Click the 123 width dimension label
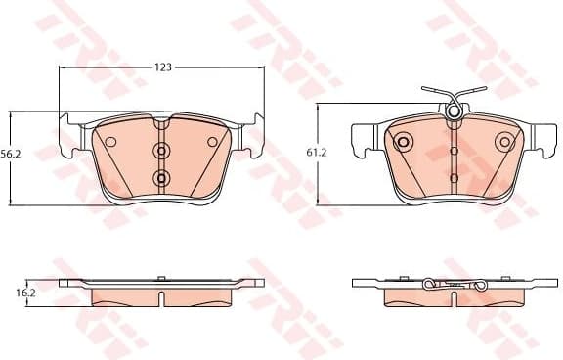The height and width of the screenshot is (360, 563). coord(162,67)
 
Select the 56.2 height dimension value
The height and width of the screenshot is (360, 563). coord(12,155)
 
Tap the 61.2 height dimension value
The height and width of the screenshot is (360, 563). coord(315,153)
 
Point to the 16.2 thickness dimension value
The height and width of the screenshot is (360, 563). coord(26,292)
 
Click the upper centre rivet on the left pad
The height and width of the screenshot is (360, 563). coord(161,151)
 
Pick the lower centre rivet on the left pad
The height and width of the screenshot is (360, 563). coord(161,177)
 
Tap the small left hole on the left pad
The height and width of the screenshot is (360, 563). coord(110,142)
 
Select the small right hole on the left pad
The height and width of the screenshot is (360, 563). coord(212,142)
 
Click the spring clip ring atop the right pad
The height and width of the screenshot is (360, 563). coord(454,112)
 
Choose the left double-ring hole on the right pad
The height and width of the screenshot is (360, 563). coord(403,142)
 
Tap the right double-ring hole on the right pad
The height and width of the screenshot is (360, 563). coord(504,142)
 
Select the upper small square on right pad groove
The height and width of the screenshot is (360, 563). coord(454,152)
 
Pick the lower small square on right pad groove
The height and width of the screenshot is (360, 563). coord(454,177)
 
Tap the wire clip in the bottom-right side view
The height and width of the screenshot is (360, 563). coord(454,284)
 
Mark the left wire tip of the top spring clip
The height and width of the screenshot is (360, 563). coord(425,90)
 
